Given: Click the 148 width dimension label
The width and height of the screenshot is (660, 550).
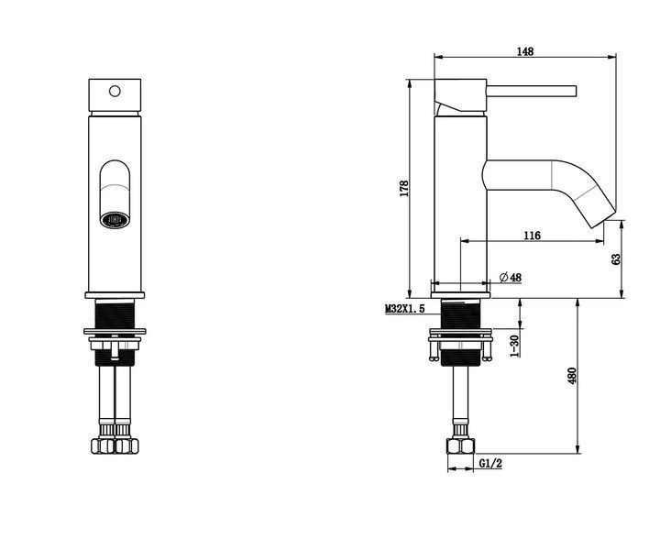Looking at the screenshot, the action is coord(525,51).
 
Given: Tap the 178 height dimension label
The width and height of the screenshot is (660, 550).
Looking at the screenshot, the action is coord(404,189).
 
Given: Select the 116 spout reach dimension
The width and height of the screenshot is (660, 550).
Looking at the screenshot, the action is coord(532,236).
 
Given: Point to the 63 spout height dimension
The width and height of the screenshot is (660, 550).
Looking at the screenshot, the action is coord(616,258).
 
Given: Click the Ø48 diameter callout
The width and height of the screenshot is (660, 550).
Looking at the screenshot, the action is coord(511,278).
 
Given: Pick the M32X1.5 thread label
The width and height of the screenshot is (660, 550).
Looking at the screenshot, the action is coord(405,309).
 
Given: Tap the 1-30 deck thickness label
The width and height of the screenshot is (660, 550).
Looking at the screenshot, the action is coord(514,346).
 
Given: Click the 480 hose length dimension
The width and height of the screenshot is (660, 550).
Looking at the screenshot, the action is coord(572,376).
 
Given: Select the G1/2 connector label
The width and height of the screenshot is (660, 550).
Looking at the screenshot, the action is coord(490,463).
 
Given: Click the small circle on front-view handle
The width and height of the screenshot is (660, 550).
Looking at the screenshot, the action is coord(115,91).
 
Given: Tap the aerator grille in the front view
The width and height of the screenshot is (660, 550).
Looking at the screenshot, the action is coord(115,220).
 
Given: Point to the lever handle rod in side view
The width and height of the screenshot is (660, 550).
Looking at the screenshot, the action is coord(532,92).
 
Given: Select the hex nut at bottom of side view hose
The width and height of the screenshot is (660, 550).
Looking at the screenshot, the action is coord(460,446).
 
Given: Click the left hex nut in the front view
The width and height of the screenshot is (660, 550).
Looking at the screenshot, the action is coord(103,446).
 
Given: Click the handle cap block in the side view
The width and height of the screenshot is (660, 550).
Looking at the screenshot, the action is coord(460,95).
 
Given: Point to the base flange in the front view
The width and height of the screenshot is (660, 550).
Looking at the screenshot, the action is coord(115,295).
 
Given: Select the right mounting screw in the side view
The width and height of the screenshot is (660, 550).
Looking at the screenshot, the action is coord(487,350).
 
